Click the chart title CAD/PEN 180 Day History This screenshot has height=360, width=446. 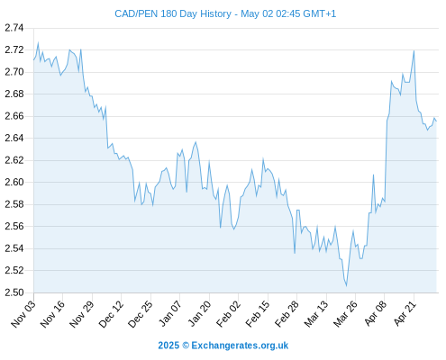tap(173, 13)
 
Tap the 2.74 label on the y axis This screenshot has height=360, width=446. tap(14, 28)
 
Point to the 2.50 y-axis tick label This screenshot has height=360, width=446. tap(14, 292)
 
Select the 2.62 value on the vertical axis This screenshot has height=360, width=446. tap(14, 160)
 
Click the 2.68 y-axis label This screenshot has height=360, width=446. tap(14, 94)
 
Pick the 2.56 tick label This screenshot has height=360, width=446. tap(14, 226)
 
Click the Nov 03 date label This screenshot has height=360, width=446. tap(23, 313)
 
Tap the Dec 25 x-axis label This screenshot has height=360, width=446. tap(141, 313)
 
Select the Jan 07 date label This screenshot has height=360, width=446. tap(170, 313)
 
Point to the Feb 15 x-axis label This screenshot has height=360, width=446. tap(258, 313)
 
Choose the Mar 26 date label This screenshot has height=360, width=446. tap(345, 313)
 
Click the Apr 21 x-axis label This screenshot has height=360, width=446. tap(405, 313)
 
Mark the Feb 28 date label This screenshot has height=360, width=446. tap(287, 313)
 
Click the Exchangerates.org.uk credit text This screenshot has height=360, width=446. tap(240, 346)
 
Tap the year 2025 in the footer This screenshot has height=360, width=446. tap(168, 346)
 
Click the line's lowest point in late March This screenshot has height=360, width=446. tap(346, 286)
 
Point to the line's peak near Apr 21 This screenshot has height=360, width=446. tap(414, 50)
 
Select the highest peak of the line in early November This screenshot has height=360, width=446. tap(38, 43)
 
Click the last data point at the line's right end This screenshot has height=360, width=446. tap(436, 121)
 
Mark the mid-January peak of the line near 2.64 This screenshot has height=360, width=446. tap(196, 142)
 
